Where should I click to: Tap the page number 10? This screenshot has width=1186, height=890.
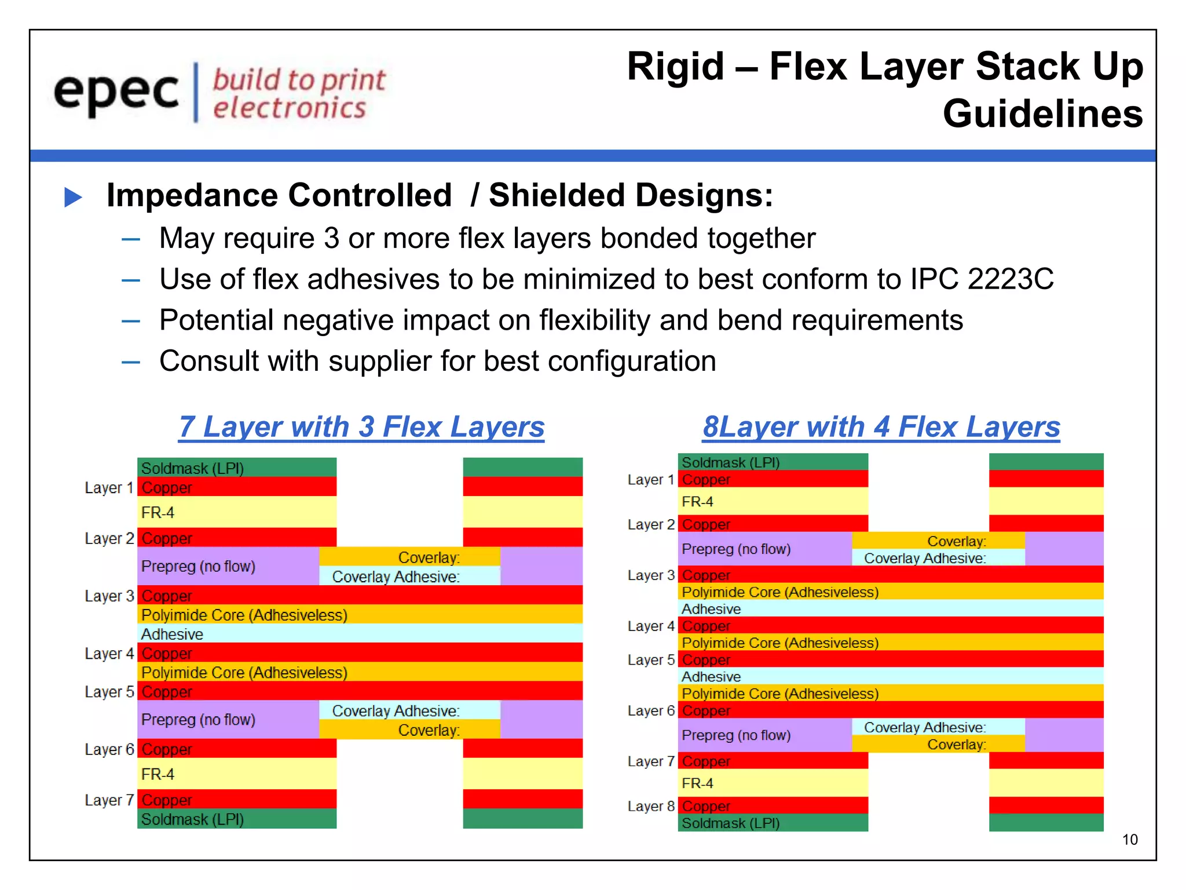pyautogui.click(x=1129, y=840)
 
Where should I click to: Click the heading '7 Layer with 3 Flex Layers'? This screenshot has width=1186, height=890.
pyautogui.click(x=361, y=427)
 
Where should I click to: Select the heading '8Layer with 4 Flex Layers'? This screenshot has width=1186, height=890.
pyautogui.click(x=881, y=427)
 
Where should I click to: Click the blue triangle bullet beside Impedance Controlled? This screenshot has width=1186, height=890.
pyautogui.click(x=73, y=197)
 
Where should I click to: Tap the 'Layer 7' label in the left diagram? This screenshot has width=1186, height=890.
pyautogui.click(x=109, y=800)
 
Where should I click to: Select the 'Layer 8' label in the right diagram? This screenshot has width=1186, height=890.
pyautogui.click(x=651, y=807)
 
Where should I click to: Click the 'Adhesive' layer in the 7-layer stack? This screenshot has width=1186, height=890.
pyautogui.click(x=172, y=634)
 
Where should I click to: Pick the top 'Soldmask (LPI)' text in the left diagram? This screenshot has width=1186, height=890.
pyautogui.click(x=192, y=468)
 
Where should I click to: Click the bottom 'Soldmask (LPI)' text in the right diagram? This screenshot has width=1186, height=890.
pyautogui.click(x=730, y=823)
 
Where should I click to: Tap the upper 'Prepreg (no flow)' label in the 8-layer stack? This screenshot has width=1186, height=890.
pyautogui.click(x=735, y=549)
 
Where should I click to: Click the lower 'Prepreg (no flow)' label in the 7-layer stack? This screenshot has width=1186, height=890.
pyautogui.click(x=198, y=720)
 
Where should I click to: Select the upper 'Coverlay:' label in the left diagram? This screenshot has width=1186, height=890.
pyautogui.click(x=429, y=557)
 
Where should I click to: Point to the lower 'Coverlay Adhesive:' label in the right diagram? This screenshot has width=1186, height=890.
pyautogui.click(x=924, y=728)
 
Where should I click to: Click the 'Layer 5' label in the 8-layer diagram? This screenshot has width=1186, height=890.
pyautogui.click(x=651, y=660)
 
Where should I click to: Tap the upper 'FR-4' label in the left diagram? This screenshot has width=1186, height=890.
pyautogui.click(x=158, y=513)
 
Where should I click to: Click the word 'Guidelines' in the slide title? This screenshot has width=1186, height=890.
pyautogui.click(x=1042, y=114)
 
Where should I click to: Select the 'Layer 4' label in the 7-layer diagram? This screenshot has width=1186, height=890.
pyautogui.click(x=109, y=654)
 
